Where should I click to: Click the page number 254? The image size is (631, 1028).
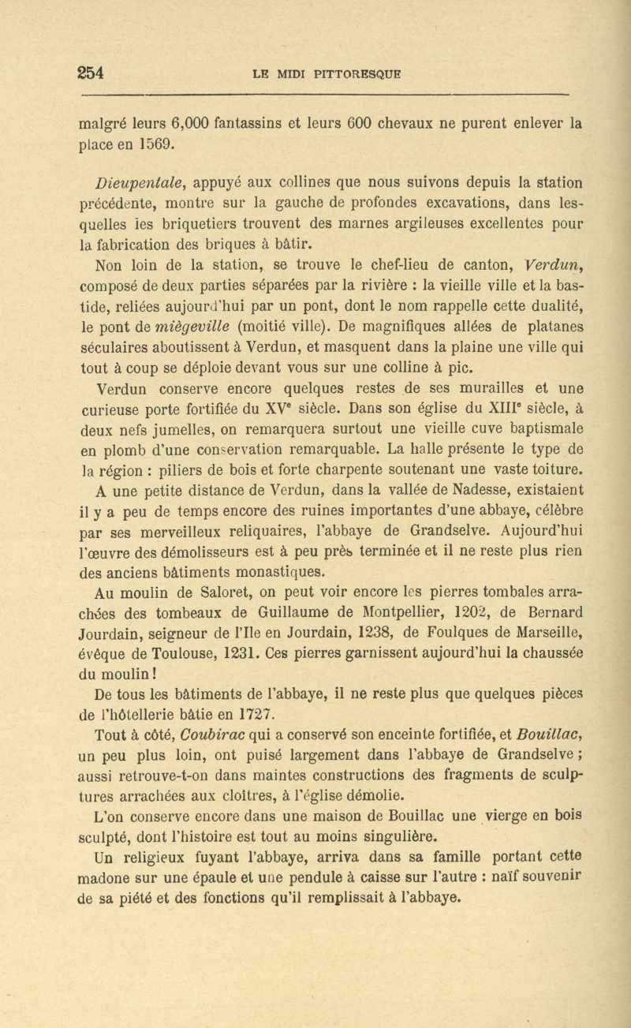coord(91,73)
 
